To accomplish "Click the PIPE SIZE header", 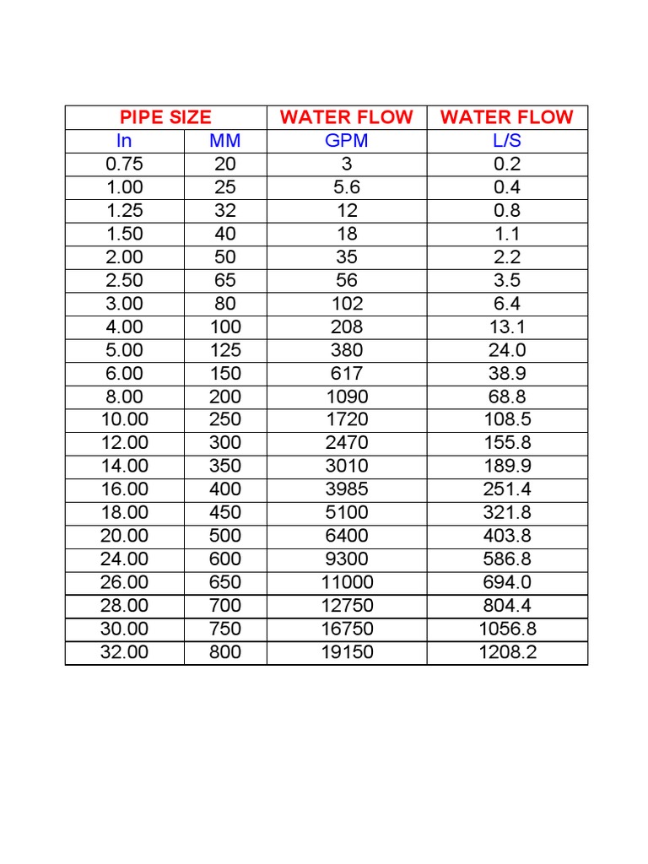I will [x=165, y=117].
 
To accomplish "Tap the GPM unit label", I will [x=347, y=141].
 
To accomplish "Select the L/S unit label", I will [x=507, y=141].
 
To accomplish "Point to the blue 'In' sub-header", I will [x=124, y=141].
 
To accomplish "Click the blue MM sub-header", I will [x=225, y=141].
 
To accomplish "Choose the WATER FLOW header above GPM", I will [x=347, y=117].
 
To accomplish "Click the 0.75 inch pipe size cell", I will [x=124, y=164].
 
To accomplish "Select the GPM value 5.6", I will [x=347, y=187].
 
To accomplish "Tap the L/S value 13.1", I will [x=507, y=327].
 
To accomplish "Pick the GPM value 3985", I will [x=347, y=489].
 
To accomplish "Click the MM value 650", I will [x=225, y=581].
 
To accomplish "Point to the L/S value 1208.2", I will [x=507, y=651].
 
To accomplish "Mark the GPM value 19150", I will [x=347, y=651].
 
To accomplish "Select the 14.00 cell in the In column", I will [x=124, y=466].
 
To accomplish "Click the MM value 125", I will [x=225, y=349].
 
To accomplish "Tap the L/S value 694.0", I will [x=507, y=581].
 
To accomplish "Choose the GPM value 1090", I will [x=347, y=396].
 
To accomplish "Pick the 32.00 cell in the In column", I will [x=124, y=651].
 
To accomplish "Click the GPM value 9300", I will [x=347, y=559].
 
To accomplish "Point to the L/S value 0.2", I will [x=507, y=164].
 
